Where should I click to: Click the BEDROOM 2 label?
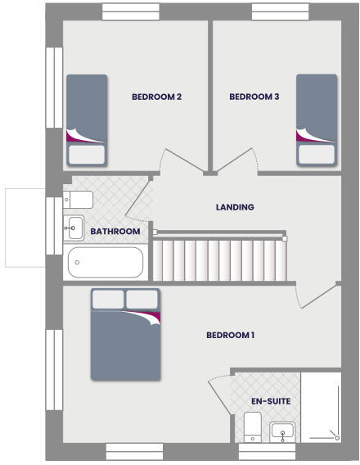[156, 97]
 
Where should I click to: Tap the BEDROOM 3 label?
[254, 97]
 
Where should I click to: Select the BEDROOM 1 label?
[231, 335]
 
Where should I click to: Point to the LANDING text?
[235, 207]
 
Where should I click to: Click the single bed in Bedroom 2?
[87, 120]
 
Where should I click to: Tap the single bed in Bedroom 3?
[317, 120]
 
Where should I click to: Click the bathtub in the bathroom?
[106, 263]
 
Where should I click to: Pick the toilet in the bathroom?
[79, 199]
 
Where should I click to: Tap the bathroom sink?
[74, 227]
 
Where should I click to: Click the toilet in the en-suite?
[253, 427]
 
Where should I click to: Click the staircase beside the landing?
[221, 259]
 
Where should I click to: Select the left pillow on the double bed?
[108, 299]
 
